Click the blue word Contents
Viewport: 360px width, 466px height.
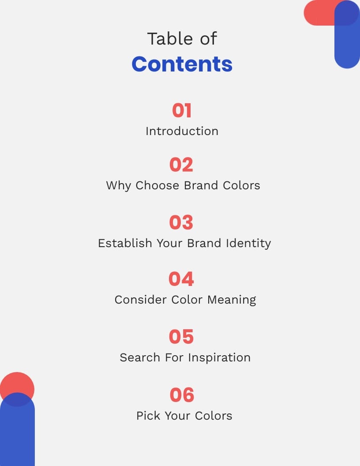(x=182, y=64)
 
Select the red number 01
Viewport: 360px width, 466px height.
(x=182, y=110)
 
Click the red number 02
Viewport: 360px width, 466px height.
(x=181, y=165)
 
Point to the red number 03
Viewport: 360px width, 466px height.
(x=181, y=222)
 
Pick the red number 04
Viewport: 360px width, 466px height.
(x=181, y=279)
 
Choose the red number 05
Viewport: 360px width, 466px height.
(x=181, y=337)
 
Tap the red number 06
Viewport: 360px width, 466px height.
(x=182, y=395)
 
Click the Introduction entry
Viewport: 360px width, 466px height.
(x=182, y=131)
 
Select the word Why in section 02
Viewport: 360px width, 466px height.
(x=119, y=185)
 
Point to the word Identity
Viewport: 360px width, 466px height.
(x=248, y=243)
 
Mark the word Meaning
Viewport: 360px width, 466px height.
(x=232, y=300)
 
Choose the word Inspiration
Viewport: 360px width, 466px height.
(x=219, y=357)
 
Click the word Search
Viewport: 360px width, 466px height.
(x=141, y=357)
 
